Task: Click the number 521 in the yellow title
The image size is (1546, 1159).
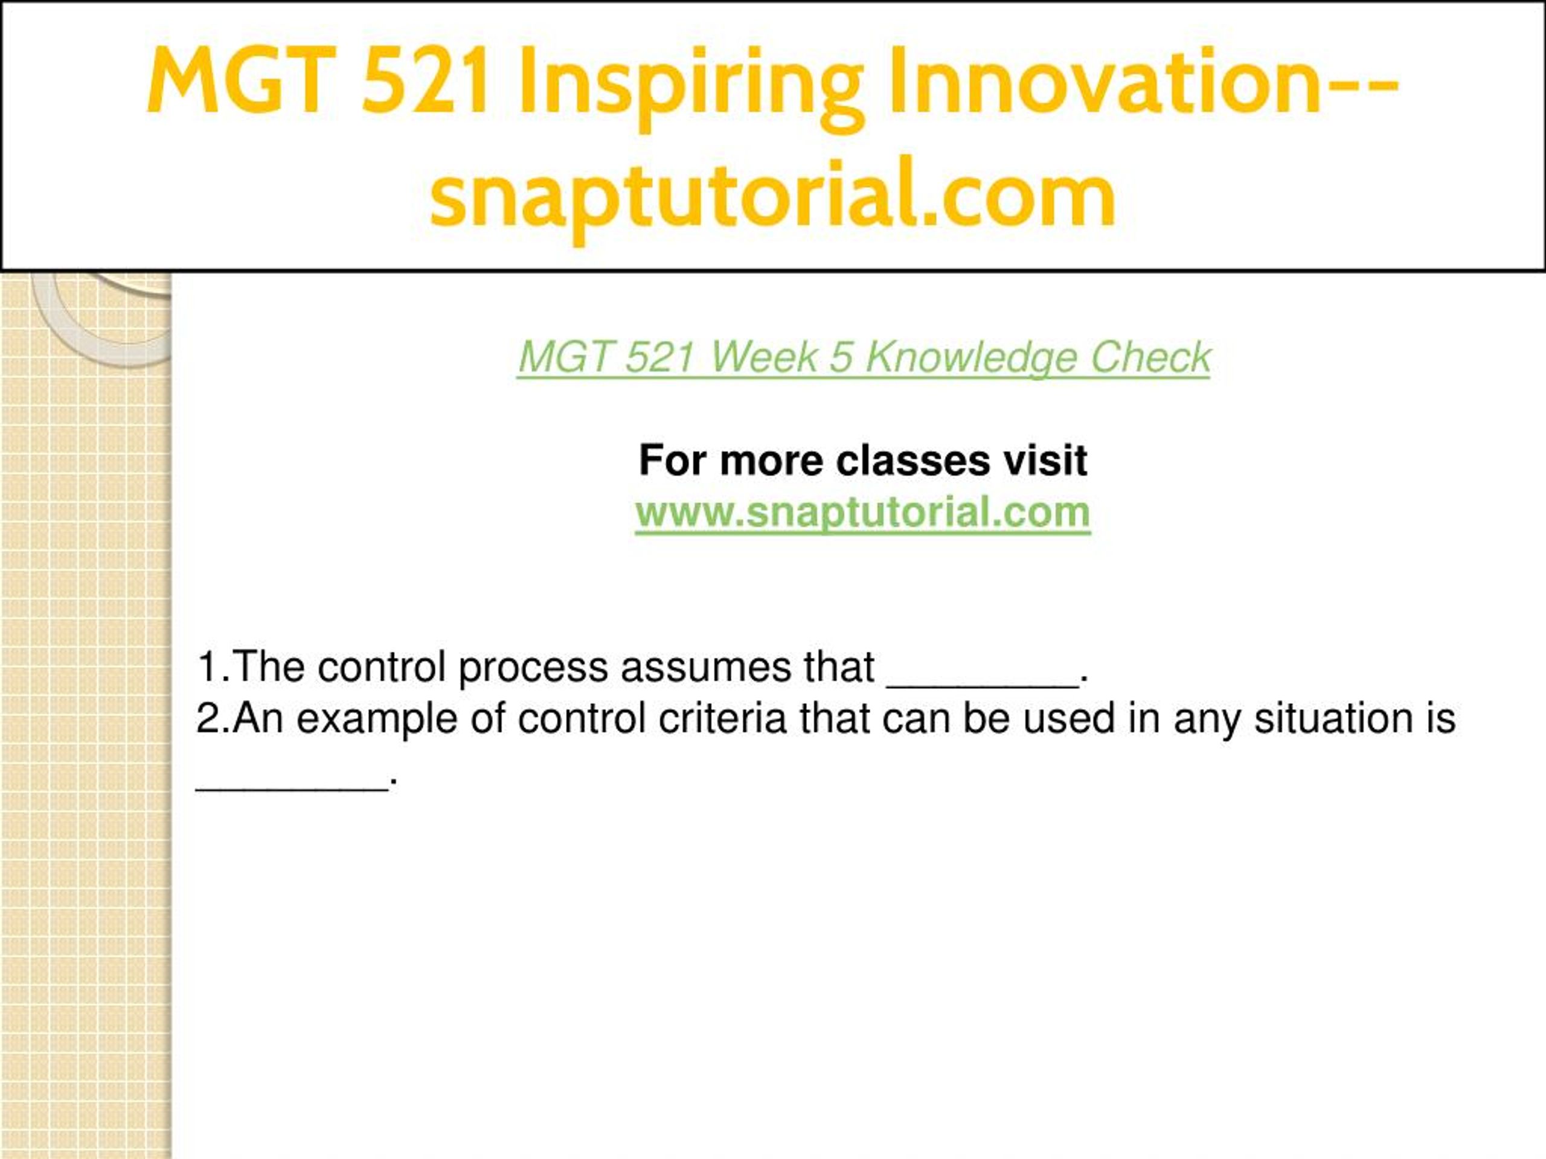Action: [426, 79]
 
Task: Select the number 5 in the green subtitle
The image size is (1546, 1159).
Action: [841, 358]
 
